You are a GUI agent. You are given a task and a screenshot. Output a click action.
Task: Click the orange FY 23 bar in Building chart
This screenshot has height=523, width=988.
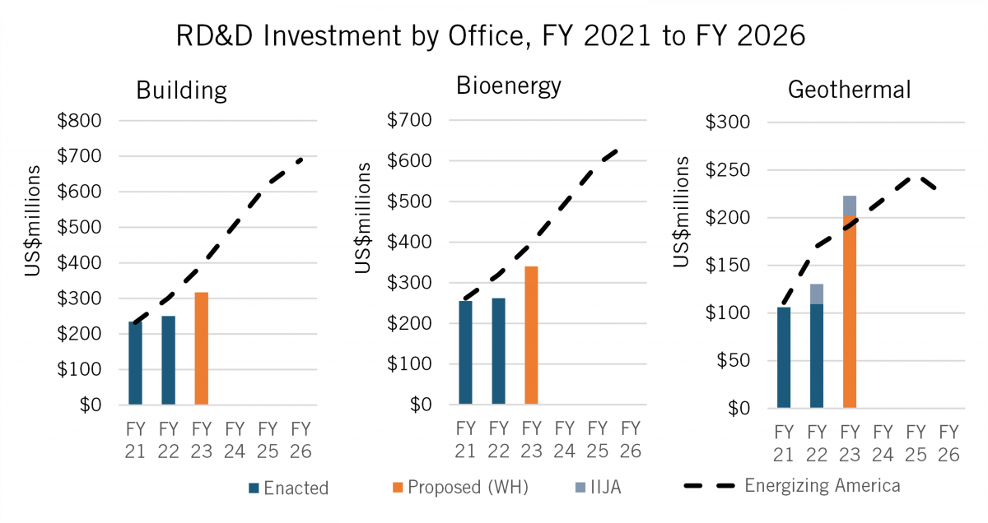click(201, 348)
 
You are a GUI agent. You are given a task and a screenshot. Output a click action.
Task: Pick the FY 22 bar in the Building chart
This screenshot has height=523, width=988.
click(168, 359)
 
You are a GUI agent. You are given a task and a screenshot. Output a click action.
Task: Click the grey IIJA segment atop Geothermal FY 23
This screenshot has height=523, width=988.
click(850, 206)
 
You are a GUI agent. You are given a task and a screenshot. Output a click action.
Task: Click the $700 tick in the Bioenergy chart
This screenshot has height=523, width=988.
click(409, 121)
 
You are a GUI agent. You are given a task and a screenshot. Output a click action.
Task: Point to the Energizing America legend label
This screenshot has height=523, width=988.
click(822, 485)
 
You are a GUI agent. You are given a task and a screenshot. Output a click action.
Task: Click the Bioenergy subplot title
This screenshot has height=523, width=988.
click(509, 85)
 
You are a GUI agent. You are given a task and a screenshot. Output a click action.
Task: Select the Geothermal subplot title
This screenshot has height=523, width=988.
click(849, 89)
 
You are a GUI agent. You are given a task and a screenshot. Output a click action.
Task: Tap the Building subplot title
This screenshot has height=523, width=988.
click(181, 89)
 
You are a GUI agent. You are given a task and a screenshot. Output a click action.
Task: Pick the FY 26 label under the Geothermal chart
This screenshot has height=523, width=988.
click(948, 442)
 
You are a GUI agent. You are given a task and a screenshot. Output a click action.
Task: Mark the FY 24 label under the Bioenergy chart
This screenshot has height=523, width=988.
click(564, 439)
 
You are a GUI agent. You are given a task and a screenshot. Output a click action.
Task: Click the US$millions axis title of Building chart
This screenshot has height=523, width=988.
click(32, 232)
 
